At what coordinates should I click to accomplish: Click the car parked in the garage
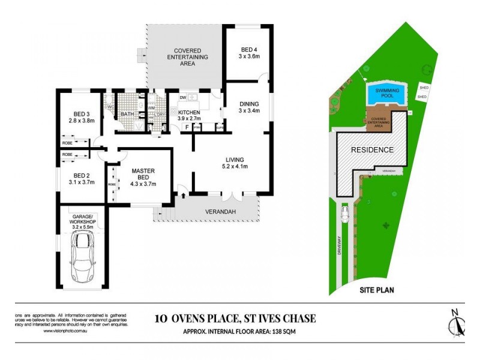point(82,257)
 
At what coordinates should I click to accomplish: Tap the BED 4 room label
point(248,53)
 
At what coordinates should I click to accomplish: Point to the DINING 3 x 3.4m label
point(248,106)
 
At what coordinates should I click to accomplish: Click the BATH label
point(127,114)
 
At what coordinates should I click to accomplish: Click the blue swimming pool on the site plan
point(386,94)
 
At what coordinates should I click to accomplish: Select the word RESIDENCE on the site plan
point(372,150)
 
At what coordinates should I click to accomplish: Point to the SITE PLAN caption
point(376,290)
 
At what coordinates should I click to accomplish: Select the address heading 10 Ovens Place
point(235,319)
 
